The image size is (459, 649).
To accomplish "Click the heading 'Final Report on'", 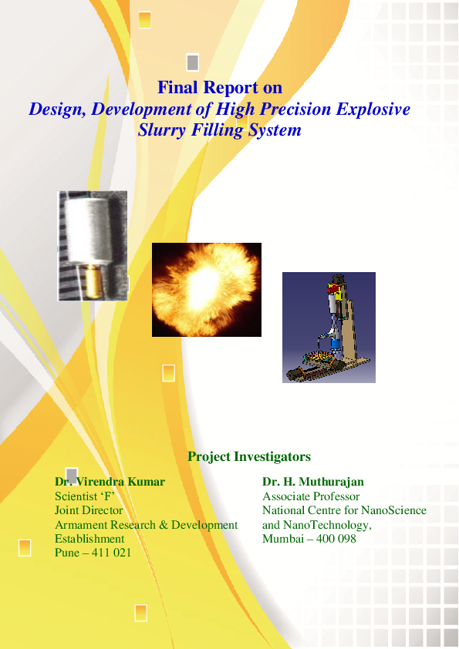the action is point(220,87).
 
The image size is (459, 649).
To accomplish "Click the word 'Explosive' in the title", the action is point(373,109).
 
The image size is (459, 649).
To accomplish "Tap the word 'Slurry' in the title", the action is point(161,130).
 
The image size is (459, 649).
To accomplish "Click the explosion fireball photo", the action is point(207,290).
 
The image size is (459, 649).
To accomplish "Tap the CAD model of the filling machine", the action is point(329,328).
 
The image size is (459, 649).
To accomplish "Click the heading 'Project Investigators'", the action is point(249,456).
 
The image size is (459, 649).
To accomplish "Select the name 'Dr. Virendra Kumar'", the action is point(110,482).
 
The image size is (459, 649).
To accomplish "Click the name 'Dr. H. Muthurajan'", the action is point(313,482).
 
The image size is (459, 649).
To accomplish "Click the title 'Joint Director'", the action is point(89,510).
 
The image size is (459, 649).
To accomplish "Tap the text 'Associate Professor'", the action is point(311,496).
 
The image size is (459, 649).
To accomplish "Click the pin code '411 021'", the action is point(111,553).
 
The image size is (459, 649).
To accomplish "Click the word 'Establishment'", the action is point(89,539).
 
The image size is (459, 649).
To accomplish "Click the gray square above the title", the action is point(193,62).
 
